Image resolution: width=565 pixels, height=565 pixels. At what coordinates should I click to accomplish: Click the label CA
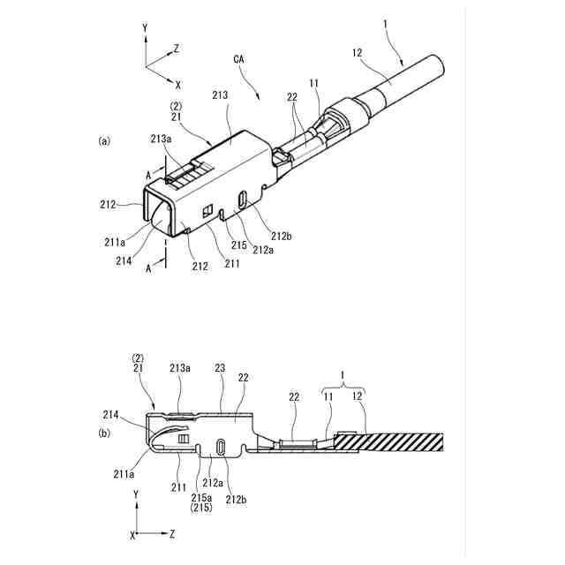pyautogui.click(x=239, y=59)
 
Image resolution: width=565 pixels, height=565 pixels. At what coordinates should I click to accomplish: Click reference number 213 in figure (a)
pyautogui.click(x=220, y=94)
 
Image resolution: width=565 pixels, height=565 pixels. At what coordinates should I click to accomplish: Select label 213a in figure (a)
pyautogui.click(x=162, y=139)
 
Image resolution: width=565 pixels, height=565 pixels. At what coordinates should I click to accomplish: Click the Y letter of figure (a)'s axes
pyautogui.click(x=145, y=29)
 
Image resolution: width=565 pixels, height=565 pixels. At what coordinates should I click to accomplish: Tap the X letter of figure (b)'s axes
pyautogui.click(x=133, y=535)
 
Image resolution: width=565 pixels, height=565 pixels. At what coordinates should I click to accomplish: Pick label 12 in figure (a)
pyautogui.click(x=358, y=53)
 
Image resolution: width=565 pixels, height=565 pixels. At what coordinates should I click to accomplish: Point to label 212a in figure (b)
pyautogui.click(x=212, y=483)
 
